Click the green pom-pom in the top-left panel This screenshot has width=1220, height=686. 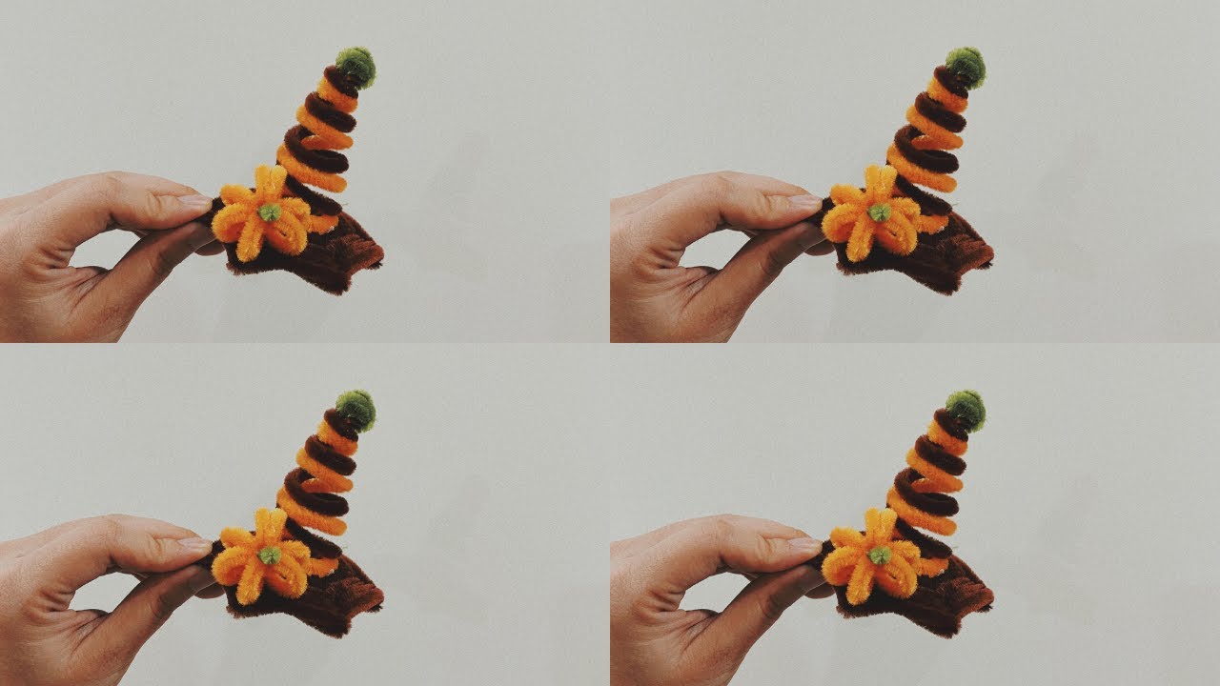(x=356, y=66)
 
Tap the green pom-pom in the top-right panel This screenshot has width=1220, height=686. (x=966, y=66)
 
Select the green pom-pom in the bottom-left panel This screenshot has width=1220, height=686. (x=356, y=409)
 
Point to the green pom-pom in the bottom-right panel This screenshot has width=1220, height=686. (x=966, y=409)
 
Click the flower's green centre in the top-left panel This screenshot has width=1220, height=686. (x=270, y=212)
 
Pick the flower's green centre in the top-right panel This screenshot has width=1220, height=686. (x=880, y=212)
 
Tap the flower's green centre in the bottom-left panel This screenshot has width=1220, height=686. (x=270, y=555)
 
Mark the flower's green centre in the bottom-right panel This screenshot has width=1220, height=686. (x=880, y=555)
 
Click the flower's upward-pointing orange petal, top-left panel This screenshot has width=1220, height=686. (x=271, y=181)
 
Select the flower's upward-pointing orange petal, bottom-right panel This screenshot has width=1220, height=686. (x=881, y=524)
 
